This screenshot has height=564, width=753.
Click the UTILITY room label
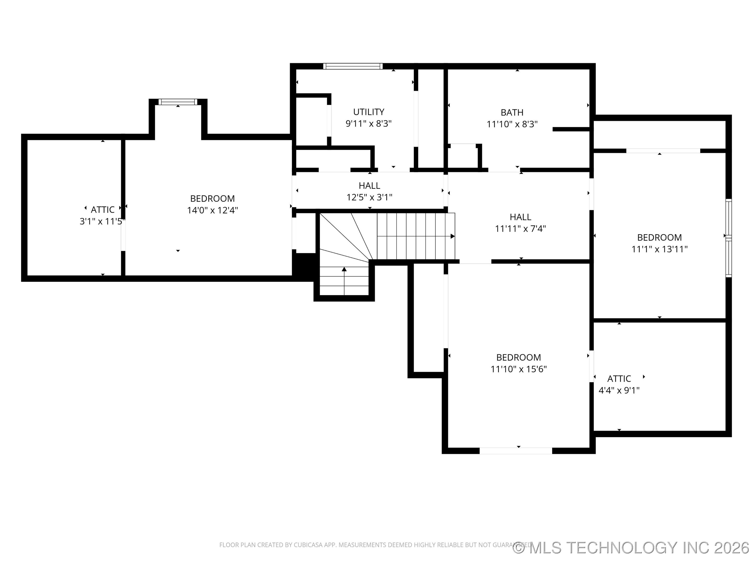coord(369,112)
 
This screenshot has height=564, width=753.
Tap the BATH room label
coord(512,112)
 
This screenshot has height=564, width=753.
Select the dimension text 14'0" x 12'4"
coord(212,210)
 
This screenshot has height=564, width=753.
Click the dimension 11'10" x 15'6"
coord(518,369)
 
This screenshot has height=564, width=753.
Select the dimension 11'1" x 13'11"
coord(659,249)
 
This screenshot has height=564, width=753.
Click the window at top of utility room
coord(353,66)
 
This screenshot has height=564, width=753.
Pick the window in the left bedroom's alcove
coord(178,102)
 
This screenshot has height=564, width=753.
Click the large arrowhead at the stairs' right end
coord(452,236)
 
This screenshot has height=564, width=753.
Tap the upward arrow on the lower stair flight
coord(344,269)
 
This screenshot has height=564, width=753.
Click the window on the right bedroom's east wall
coord(728,238)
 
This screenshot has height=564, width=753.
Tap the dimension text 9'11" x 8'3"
coord(369,124)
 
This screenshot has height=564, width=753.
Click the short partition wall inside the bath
coord(571,129)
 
